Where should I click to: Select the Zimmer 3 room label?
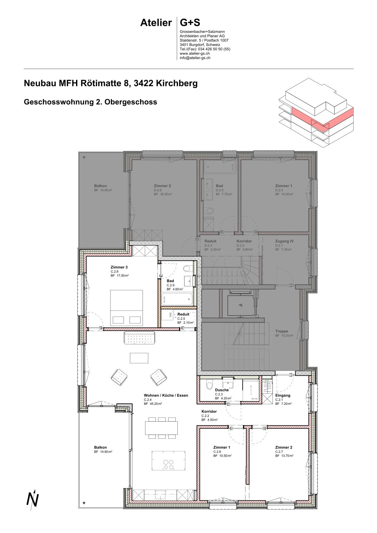119,267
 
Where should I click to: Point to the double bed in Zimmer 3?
126,308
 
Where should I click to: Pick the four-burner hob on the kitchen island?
169,465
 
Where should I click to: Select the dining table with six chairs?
162,428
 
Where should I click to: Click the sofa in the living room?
139,338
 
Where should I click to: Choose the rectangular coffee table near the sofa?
139,358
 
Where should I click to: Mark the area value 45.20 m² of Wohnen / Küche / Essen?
153,404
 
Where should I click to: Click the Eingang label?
283,395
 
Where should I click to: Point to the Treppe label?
282,331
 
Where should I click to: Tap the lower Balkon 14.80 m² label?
103,452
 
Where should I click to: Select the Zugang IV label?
284,241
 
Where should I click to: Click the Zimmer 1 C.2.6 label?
222,447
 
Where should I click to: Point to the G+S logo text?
190,23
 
